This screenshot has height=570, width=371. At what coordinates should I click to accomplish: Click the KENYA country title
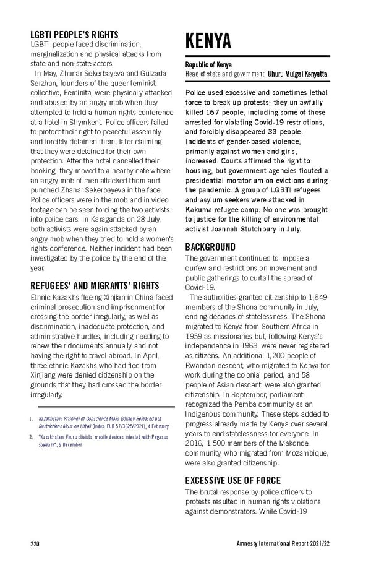pos(208,41)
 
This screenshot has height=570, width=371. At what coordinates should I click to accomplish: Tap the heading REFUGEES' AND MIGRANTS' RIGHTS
pos(95,285)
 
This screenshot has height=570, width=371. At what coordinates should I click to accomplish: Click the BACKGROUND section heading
pos(210,247)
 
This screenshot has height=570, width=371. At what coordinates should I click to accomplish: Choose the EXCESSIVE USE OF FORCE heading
pos(233,480)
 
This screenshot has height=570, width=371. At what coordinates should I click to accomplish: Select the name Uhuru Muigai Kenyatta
pos(297,74)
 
